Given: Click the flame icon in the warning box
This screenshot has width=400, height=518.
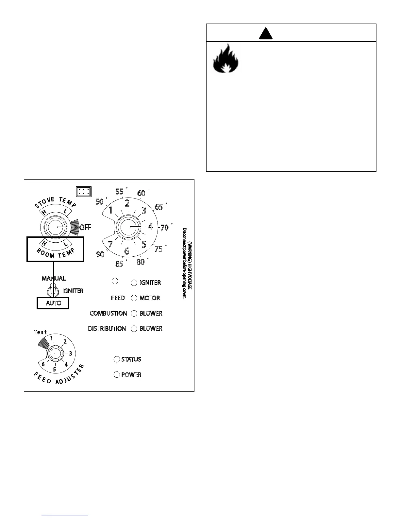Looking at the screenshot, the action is [x=226, y=59].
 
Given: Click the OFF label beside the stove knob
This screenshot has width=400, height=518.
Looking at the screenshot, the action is [x=85, y=228].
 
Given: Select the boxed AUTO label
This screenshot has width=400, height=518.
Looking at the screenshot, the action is [x=53, y=303].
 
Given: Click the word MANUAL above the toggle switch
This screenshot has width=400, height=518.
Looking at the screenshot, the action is [x=54, y=278].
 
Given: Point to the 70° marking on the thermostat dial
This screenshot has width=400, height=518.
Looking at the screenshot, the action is [x=165, y=227].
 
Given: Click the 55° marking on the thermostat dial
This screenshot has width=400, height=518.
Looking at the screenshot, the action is [x=120, y=191].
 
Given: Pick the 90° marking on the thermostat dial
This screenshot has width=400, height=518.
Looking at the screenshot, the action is [x=100, y=254].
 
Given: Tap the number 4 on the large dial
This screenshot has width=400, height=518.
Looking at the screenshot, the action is [x=150, y=227].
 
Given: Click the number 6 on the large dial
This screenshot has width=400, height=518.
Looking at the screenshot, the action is [x=126, y=251].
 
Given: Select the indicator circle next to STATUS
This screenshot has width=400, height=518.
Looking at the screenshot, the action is [x=117, y=359].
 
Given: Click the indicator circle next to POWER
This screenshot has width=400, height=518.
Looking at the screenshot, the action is [x=117, y=375].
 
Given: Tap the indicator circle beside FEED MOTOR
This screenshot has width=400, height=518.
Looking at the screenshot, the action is [x=134, y=298].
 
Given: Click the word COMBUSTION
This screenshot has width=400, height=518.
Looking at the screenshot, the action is [x=108, y=313].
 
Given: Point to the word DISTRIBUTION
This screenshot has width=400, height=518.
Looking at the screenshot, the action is [x=107, y=329].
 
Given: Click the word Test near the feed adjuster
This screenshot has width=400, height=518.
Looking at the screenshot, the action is [x=41, y=332].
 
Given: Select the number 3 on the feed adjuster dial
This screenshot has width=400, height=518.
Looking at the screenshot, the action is [x=70, y=354].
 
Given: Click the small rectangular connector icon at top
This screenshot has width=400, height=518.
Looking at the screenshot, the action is [x=84, y=192].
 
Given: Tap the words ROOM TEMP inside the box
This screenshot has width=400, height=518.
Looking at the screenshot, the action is [x=55, y=253].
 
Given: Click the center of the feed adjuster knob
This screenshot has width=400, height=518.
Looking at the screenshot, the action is [x=54, y=354].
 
